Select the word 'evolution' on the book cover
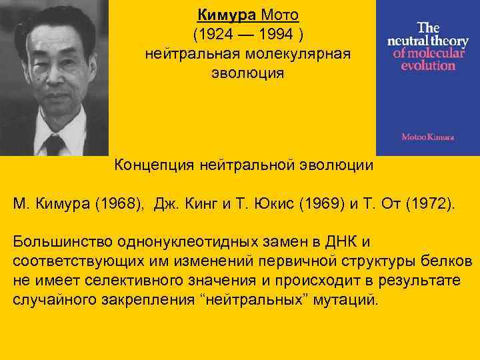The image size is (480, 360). (x=425, y=65)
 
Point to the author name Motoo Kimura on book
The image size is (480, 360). (x=427, y=137)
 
